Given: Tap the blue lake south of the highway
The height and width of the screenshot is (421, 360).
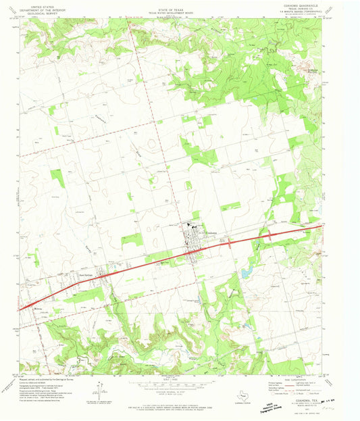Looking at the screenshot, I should [247, 272].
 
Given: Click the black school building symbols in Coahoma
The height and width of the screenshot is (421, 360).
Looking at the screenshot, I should [188, 226].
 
